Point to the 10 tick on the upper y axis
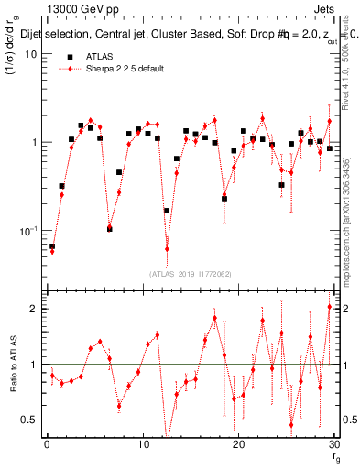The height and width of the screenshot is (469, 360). [x=29, y=54]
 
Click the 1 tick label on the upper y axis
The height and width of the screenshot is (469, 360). [x=33, y=143]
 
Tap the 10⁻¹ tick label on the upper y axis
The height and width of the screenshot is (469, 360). [x=27, y=231]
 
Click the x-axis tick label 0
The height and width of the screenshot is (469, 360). [x=47, y=444]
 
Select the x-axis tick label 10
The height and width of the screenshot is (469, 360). [x=142, y=444]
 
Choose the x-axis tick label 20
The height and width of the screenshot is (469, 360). [x=239, y=444]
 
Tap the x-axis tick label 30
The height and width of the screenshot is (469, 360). [x=334, y=444]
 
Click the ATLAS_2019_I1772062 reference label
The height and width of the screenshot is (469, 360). [x=191, y=274]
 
